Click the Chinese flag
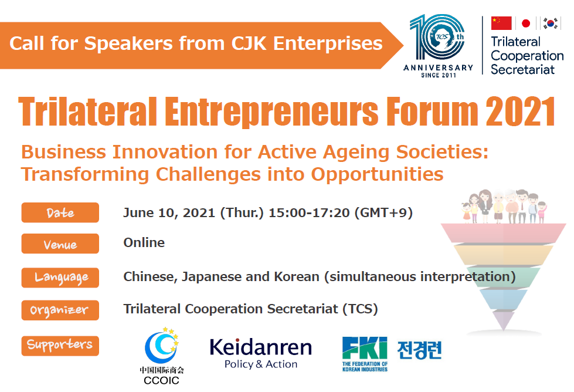coord(501,23)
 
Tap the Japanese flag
coord(526,23)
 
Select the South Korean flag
coord(550,23)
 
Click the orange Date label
coord(60,212)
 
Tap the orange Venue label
coord(60,244)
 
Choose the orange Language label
coord(60,278)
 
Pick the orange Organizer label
coord(60,310)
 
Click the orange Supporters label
coord(60,346)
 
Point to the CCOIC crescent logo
coord(162,346)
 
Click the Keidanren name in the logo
coord(261,347)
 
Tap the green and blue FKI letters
coord(365,348)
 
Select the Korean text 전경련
coord(420,350)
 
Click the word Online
coord(144,242)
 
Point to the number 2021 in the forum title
coord(520,111)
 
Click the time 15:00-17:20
coord(309,212)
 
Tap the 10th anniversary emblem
coord(438,46)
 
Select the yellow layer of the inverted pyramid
coord(504,255)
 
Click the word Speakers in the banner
coord(128,43)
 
